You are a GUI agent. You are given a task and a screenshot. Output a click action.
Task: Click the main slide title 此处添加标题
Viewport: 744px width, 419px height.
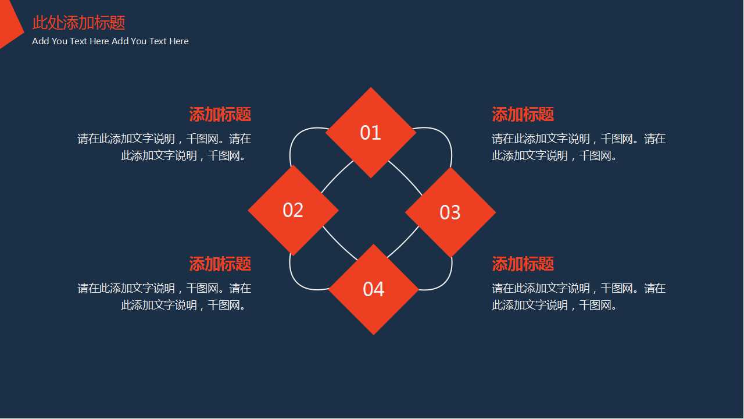(78, 23)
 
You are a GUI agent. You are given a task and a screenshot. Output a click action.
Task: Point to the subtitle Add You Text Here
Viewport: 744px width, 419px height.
(110, 41)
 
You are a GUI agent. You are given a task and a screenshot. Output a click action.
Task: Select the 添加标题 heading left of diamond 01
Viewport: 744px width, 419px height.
(220, 114)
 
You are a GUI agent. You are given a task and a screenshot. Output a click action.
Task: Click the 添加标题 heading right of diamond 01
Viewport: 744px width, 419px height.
(523, 114)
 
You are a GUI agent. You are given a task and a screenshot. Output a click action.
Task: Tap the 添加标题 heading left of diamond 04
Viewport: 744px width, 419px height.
(220, 264)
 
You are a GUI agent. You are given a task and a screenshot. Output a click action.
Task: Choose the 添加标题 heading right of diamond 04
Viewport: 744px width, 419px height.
(523, 264)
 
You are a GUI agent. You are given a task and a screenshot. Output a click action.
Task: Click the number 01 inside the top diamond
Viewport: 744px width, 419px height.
(370, 133)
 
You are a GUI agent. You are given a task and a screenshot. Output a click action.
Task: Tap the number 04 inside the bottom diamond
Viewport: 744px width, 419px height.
(373, 289)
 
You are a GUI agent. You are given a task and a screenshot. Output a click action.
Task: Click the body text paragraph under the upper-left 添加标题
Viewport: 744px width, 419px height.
(164, 147)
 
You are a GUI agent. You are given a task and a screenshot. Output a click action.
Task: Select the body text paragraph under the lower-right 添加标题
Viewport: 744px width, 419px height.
(578, 297)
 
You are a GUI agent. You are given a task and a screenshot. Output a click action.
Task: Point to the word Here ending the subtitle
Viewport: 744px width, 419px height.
(178, 41)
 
